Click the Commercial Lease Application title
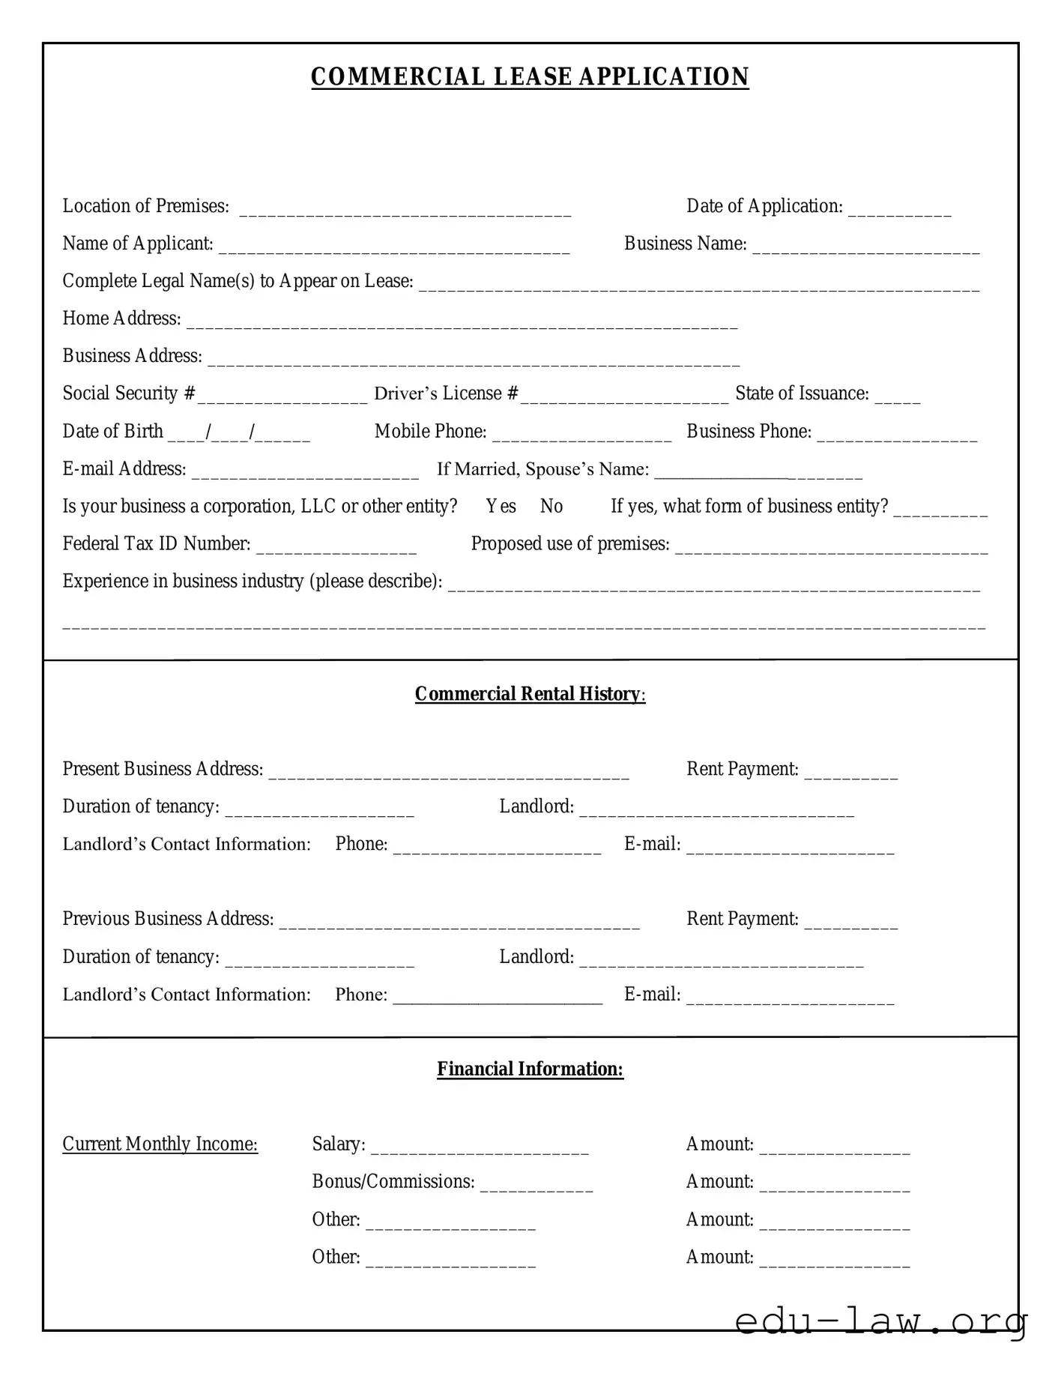point(530,77)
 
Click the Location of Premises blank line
point(405,210)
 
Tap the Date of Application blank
point(899,210)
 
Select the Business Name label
point(685,244)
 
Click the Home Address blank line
point(462,322)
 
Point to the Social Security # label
point(128,393)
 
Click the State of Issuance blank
point(897,397)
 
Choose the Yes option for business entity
point(501,507)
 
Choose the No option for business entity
point(551,507)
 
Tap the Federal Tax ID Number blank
point(336,548)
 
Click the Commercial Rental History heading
point(530,694)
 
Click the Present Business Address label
point(163,769)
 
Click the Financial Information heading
point(530,1069)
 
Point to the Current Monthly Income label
point(160,1144)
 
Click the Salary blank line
point(480,1148)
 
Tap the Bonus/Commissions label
point(393,1182)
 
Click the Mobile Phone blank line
point(581,435)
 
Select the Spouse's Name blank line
point(758,473)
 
